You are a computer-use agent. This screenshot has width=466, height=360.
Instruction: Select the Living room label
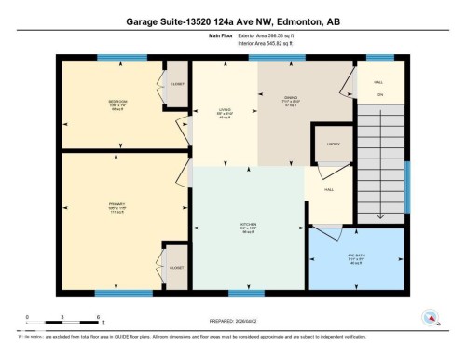tap(224, 111)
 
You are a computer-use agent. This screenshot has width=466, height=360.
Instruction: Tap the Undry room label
tap(333, 145)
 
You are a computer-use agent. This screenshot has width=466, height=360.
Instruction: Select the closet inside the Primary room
tap(175, 269)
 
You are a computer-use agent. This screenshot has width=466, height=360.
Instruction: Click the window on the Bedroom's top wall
tap(110, 59)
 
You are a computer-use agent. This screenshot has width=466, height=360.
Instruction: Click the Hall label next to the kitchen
tap(329, 189)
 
